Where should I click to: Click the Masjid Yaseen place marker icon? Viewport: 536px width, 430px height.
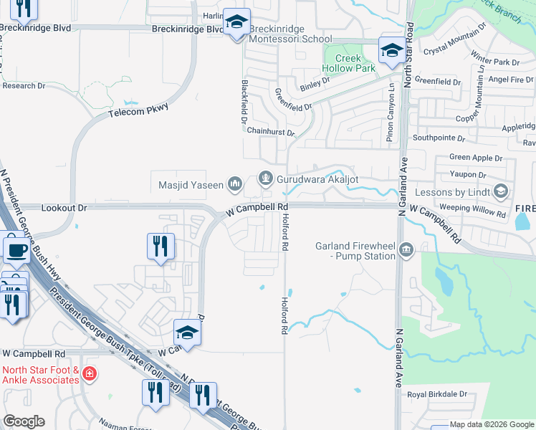235,186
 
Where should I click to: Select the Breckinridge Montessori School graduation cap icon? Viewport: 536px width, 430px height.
236,24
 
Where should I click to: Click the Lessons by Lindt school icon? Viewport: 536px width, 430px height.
500,191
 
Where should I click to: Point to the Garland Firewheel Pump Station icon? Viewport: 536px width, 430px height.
406,250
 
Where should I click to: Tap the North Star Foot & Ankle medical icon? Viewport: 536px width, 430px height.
88,374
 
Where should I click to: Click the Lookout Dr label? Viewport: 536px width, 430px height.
64,208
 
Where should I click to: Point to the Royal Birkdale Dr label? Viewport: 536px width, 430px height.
436,394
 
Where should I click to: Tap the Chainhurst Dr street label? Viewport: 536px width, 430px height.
270,132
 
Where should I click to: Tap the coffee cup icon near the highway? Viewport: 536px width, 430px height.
17,250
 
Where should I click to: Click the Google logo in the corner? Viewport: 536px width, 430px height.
24,421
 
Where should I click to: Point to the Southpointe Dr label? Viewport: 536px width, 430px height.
438,138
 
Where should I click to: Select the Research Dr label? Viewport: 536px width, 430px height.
24,86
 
